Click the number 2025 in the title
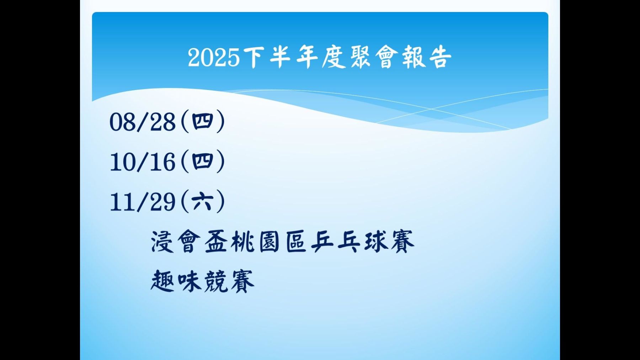pyautogui.click(x=214, y=57)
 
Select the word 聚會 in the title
pyautogui.click(x=373, y=57)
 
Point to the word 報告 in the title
pyautogui.click(x=427, y=57)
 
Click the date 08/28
pyautogui.click(x=143, y=122)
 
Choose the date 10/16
pyautogui.click(x=143, y=162)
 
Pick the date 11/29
pyautogui.click(x=143, y=202)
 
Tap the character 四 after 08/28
pyautogui.click(x=202, y=122)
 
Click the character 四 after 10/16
pyautogui.click(x=202, y=162)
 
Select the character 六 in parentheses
pyautogui.click(x=202, y=202)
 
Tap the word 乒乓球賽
pyautogui.click(x=363, y=242)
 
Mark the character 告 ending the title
pyautogui.click(x=440, y=57)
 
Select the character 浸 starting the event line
pyautogui.click(x=162, y=242)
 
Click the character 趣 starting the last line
pyautogui.click(x=162, y=281)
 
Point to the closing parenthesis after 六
pyautogui.click(x=220, y=202)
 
